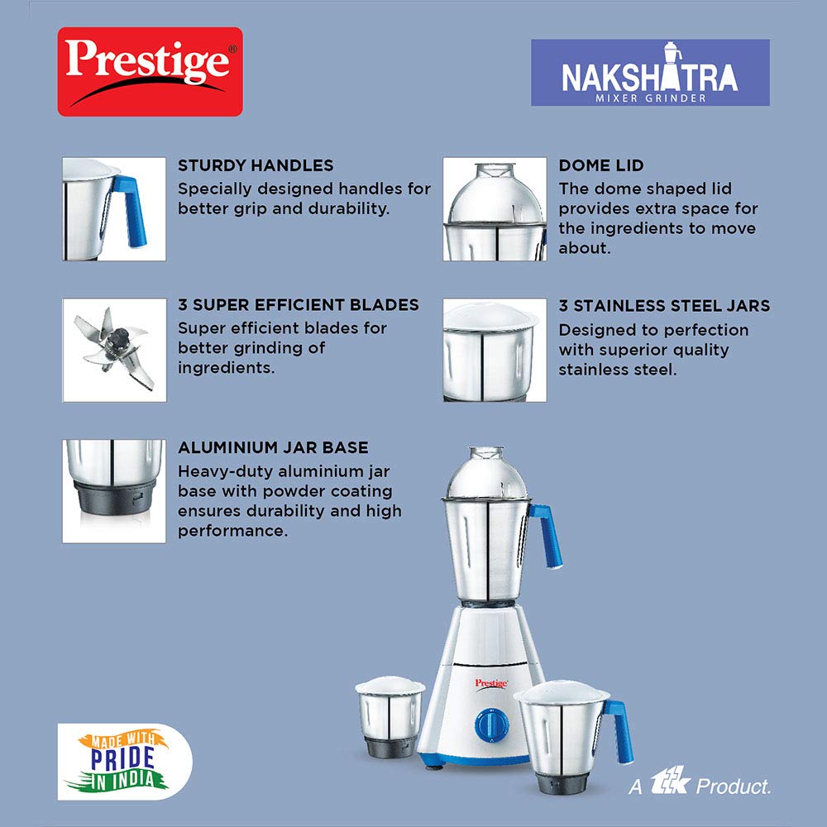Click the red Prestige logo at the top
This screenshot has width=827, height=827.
click(x=150, y=71)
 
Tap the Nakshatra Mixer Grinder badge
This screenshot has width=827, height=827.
click(x=650, y=72)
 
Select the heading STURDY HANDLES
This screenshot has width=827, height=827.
click(x=256, y=165)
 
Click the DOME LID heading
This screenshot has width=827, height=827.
click(x=601, y=165)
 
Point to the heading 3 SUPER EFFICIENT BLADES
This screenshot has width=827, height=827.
click(x=299, y=305)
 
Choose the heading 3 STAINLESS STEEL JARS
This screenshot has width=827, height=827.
click(x=664, y=306)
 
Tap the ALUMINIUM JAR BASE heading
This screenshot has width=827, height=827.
click(x=273, y=447)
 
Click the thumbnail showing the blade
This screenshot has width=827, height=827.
click(x=114, y=350)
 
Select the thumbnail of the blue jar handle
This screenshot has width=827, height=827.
click(x=114, y=209)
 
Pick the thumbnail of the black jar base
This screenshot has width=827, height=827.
click(x=114, y=490)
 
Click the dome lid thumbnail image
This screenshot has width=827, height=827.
click(x=494, y=209)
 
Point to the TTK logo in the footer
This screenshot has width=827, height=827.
click(x=669, y=783)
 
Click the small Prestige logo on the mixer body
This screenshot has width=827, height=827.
click(x=490, y=683)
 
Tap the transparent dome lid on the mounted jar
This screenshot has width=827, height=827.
click(x=487, y=471)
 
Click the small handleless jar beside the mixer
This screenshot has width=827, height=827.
click(x=389, y=715)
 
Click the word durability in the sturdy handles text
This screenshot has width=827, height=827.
click(x=343, y=208)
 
